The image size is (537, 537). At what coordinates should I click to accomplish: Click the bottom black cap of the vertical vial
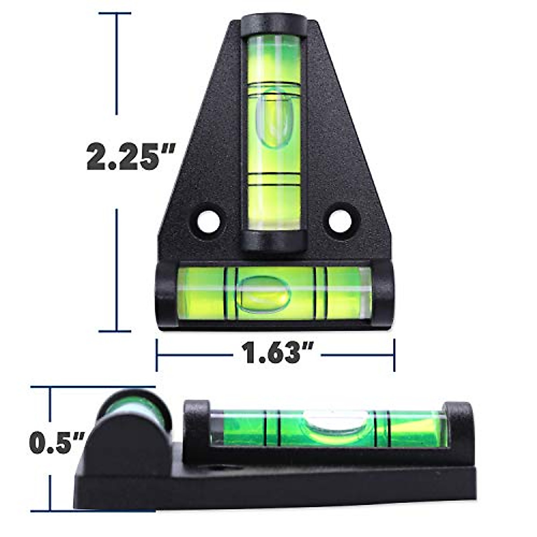point(274,242)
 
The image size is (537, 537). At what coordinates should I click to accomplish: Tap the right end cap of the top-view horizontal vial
point(383,295)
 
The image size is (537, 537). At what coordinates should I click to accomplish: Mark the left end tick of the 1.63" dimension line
point(157,355)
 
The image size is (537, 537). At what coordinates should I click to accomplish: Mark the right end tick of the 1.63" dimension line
point(394,355)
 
